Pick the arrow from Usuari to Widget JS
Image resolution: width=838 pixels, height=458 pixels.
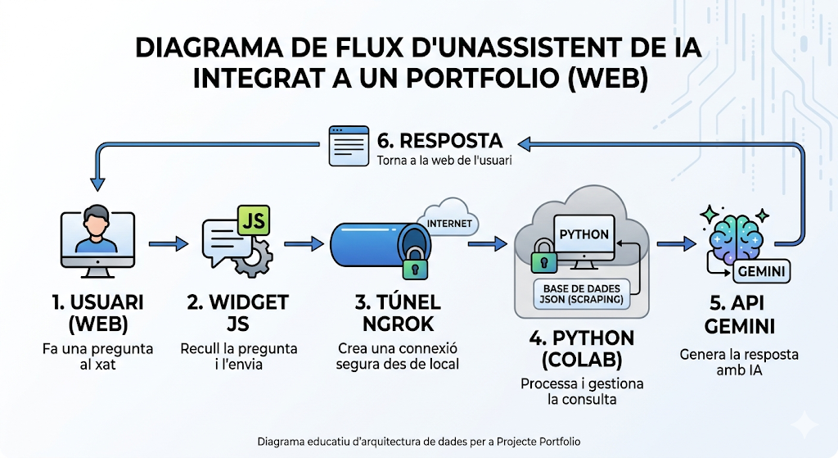169,243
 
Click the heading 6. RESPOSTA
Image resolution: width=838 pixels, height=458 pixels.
439,139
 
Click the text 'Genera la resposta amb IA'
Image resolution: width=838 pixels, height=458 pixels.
739,362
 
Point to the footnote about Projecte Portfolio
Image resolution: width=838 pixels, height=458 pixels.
418,442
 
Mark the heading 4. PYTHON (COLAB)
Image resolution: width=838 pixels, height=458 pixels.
582,348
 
